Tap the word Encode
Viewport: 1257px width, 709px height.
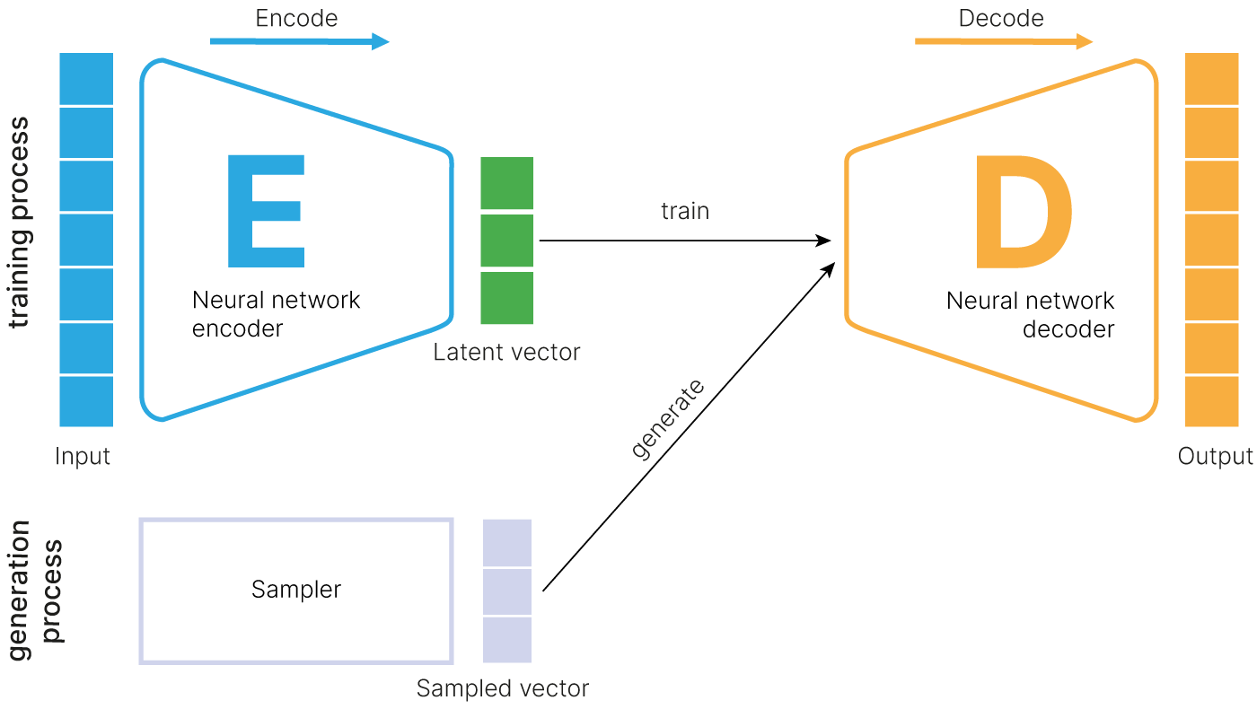[296, 19]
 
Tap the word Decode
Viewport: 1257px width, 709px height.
[1000, 19]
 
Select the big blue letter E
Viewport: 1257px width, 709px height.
[266, 212]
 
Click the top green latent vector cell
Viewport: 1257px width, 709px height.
[506, 184]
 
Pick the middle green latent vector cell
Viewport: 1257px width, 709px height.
[506, 241]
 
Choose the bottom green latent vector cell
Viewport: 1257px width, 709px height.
[506, 298]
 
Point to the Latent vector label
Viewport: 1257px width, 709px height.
[506, 352]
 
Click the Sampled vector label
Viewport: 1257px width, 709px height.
[502, 688]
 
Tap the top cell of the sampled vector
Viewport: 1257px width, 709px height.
[507, 543]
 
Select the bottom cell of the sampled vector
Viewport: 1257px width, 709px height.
[507, 640]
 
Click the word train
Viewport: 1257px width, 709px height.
[685, 211]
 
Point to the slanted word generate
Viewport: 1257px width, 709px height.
[668, 420]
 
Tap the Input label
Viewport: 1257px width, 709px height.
[83, 456]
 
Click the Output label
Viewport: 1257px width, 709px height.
[1215, 456]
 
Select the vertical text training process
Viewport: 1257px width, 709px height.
[20, 223]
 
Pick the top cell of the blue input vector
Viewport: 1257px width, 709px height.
[86, 79]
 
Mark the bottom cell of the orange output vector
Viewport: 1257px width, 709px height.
[1212, 401]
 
